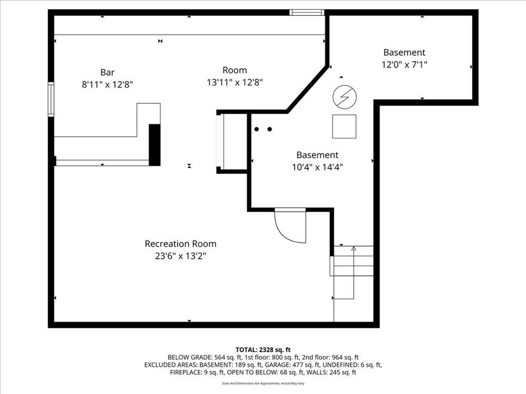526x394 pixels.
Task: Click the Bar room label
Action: [107, 72]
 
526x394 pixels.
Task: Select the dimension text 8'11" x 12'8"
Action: [107, 85]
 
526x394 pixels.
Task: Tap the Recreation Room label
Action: [180, 244]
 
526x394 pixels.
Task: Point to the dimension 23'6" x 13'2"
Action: [180, 257]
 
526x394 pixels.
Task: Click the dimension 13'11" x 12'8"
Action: [235, 83]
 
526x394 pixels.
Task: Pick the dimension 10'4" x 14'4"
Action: [317, 167]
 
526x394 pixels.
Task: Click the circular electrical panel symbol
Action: [345, 97]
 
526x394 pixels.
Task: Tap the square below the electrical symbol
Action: [344, 126]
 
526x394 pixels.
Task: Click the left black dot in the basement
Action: [257, 129]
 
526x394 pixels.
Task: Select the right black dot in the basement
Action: [270, 129]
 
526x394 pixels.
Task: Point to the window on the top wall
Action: [307, 12]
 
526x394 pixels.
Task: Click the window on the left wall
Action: [51, 99]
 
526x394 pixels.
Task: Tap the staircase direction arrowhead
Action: [353, 248]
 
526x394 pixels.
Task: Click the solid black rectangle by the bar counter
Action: [155, 145]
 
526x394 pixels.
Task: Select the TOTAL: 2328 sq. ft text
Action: [263, 350]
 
